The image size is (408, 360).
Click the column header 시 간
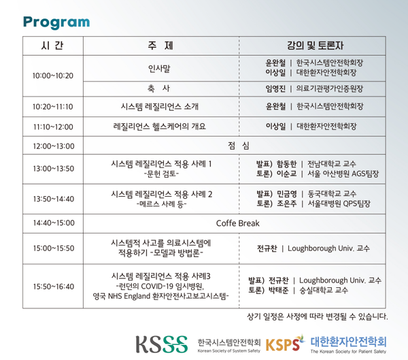pos(52,47)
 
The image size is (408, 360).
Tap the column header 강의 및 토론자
pos(316,47)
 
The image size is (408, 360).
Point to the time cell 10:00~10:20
pos(52,76)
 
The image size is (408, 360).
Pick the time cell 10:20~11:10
pos(52,107)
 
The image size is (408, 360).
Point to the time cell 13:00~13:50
pos(52,169)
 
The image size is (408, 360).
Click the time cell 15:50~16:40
pos(52,287)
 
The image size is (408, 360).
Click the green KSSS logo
pos(161,343)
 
